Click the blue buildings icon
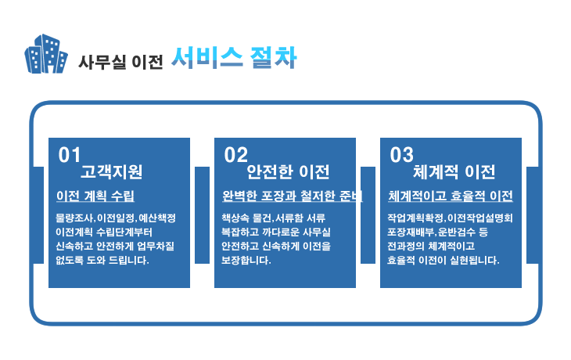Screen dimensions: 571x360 click(x=46, y=54)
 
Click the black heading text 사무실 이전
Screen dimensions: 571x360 click(x=120, y=62)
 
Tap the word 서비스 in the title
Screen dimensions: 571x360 click(x=206, y=58)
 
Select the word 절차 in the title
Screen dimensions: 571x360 click(x=273, y=58)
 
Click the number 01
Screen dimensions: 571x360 click(x=69, y=155)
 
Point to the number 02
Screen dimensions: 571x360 click(x=235, y=155)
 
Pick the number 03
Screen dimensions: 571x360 click(x=402, y=155)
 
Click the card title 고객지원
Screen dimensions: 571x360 click(x=111, y=171)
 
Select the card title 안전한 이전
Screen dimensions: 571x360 click(x=288, y=171)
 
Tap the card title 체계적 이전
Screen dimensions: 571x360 click(x=454, y=171)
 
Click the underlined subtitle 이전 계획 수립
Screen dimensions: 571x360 click(x=95, y=196)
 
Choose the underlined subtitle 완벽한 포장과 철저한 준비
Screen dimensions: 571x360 click(x=293, y=196)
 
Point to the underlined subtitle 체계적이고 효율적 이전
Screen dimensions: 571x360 click(x=451, y=196)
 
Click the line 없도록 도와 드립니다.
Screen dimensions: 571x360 click(x=102, y=260)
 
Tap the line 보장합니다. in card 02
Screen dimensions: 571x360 click(x=246, y=260)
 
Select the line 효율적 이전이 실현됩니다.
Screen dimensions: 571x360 click(x=444, y=260)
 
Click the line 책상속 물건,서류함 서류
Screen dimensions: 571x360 click(x=274, y=218)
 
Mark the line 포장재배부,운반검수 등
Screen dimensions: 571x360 click(x=437, y=232)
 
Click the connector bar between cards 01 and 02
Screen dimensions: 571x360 click(x=202, y=215)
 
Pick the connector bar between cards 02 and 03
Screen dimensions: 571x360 click(x=368, y=215)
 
